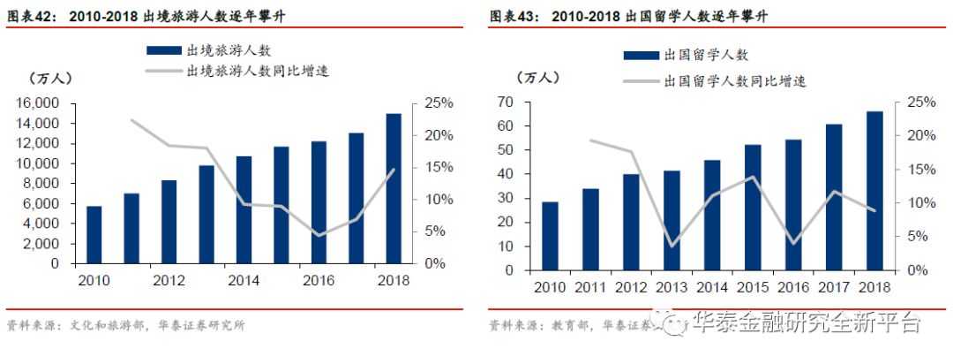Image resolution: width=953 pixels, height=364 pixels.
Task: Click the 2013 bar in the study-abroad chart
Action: click(672, 220)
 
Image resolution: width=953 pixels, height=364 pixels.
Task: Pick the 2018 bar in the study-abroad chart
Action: click(874, 190)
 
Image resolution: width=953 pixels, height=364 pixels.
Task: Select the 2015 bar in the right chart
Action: click(753, 207)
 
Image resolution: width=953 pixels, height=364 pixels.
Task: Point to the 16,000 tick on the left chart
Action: click(38, 103)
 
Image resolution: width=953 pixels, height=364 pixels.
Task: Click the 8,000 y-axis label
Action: click(41, 184)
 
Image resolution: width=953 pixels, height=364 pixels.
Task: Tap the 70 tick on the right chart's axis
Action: click(505, 103)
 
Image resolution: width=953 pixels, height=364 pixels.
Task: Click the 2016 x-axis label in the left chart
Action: click(319, 282)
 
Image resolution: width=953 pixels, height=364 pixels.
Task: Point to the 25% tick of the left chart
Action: click(438, 103)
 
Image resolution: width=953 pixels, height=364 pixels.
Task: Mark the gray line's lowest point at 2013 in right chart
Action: click(672, 246)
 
